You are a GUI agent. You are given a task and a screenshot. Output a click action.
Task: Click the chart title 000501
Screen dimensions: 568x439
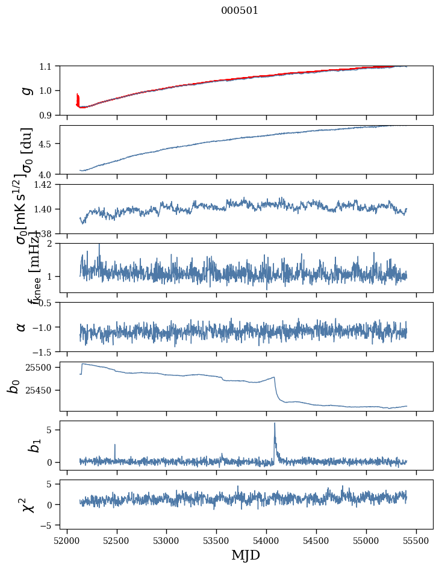240,10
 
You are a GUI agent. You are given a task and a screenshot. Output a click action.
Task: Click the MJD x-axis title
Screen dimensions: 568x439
246,555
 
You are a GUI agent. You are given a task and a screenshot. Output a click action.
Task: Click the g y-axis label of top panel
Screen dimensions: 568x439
25,90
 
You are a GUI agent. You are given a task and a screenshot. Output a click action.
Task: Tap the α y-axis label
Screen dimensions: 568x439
22,327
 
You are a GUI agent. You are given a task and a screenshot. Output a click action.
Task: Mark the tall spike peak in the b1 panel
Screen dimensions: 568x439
275,423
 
